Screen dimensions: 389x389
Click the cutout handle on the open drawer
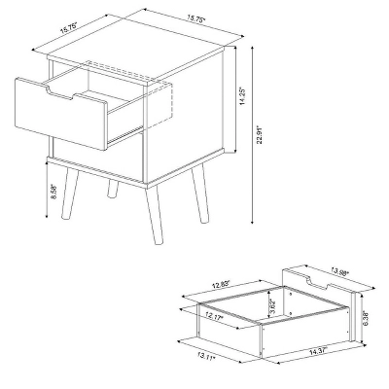tap(66, 93)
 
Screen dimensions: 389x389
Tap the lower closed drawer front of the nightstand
tap(97, 160)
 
